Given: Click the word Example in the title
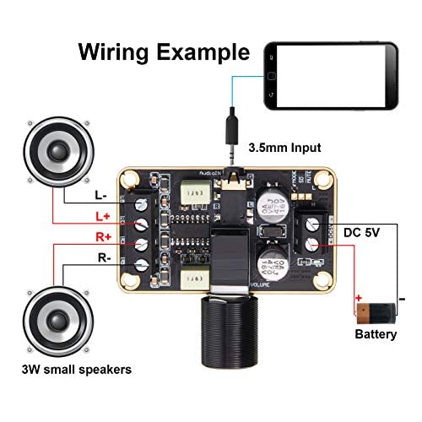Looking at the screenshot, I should coord(203,52).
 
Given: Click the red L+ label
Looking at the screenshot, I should coord(100,218).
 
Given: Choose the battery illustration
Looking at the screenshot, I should coord(376,315).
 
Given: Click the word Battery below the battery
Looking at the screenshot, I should coord(376,334).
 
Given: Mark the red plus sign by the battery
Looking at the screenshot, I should coord(359,298).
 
